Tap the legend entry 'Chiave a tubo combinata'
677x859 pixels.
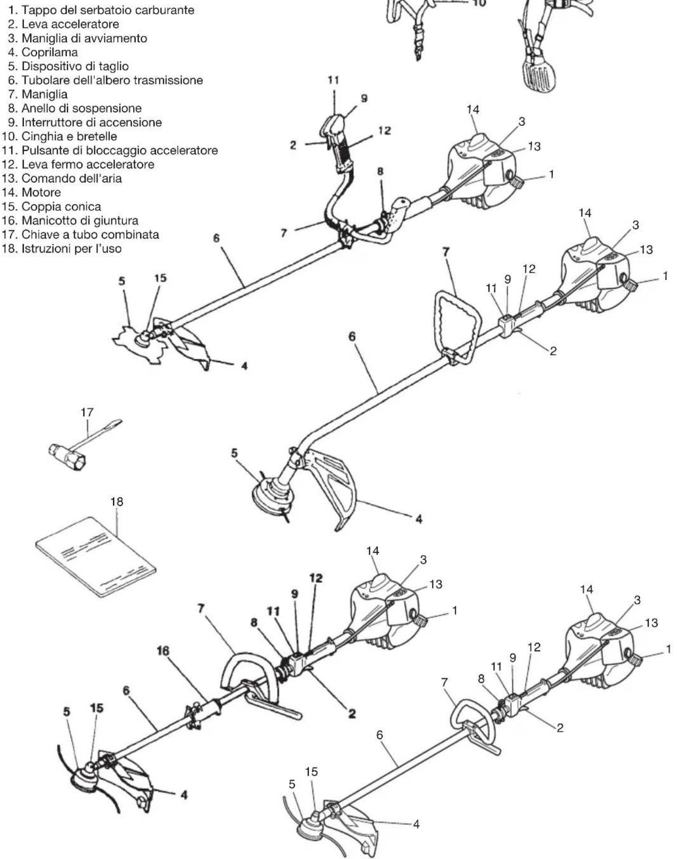81,234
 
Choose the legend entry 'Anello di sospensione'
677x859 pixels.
75,108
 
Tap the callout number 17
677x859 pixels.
87,412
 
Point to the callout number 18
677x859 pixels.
117,501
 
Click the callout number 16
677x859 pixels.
163,651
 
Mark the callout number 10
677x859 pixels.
479,3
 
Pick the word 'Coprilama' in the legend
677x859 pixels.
50,52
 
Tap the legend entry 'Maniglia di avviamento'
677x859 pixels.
78,38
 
